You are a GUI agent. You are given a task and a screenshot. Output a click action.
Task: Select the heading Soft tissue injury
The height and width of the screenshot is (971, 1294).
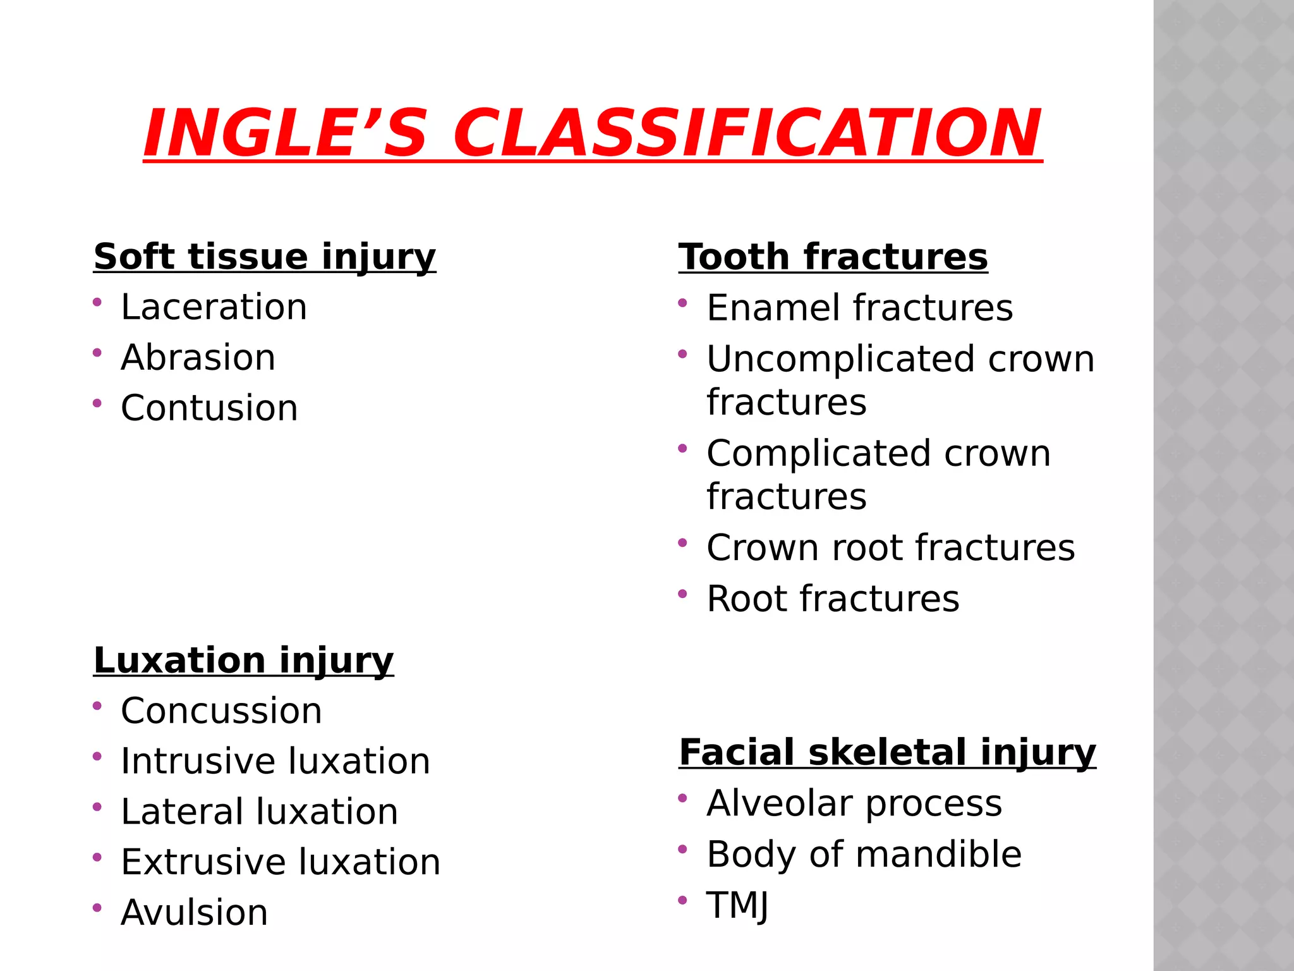coord(264,257)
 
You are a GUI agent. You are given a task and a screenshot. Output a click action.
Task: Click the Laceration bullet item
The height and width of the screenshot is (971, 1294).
coord(214,307)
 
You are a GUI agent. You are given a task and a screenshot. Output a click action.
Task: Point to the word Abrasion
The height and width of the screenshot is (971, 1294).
coord(198,358)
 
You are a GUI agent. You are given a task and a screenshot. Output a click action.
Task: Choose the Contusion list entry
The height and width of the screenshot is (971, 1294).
coord(209,408)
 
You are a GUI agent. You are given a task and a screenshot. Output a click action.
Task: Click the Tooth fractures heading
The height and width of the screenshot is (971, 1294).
coord(833,257)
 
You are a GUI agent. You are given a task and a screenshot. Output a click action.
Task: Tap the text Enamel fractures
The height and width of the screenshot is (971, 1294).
coord(859,308)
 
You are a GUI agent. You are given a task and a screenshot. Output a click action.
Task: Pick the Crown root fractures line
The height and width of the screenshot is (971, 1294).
coord(890,547)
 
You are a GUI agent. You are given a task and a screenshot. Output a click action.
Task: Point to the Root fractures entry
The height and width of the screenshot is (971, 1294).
coord(833,599)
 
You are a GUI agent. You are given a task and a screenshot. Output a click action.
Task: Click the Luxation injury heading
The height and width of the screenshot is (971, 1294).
coord(243,661)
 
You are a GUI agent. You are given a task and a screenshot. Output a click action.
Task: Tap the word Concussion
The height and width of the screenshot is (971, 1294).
coord(221,711)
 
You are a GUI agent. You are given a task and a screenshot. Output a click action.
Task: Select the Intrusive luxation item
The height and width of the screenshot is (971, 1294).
coord(275,761)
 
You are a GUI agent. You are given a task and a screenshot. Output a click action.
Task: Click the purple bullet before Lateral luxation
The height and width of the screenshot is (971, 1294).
coord(97,807)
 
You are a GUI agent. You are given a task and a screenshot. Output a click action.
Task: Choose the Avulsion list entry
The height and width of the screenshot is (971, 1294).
coord(194,913)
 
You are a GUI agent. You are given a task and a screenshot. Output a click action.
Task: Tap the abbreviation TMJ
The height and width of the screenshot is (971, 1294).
coord(737,905)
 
